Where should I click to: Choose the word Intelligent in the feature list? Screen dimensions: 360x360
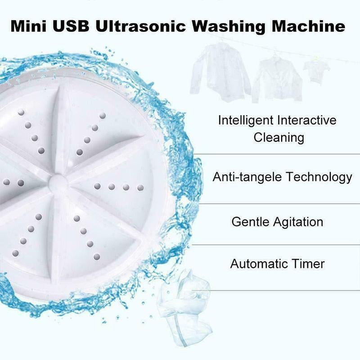246,121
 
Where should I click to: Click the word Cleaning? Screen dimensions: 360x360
279,137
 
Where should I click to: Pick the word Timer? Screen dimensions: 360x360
308,263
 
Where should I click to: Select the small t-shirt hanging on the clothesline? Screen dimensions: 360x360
316,69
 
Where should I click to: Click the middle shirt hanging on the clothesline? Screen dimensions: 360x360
276,79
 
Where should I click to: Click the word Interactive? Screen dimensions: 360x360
307,121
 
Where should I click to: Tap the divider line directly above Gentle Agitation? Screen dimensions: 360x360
274,203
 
